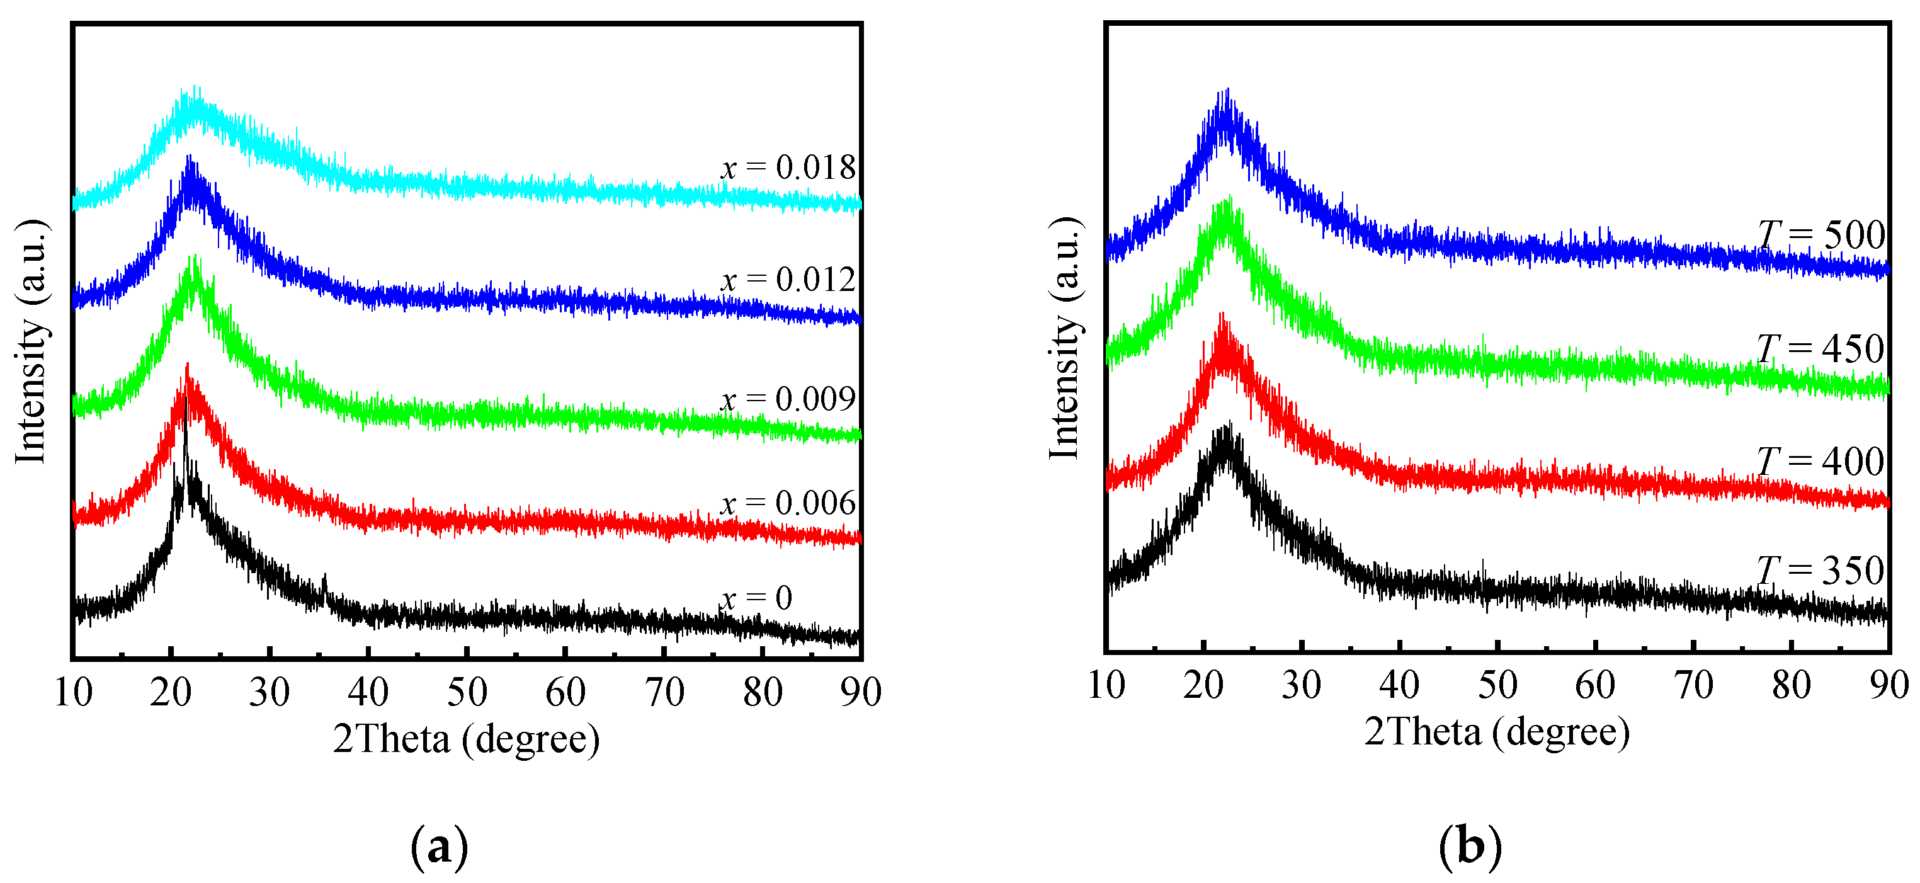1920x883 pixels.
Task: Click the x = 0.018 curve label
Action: point(788,168)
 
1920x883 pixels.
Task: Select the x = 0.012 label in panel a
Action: point(788,280)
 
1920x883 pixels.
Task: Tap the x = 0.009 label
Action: point(788,400)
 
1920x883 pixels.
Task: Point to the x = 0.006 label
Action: point(788,504)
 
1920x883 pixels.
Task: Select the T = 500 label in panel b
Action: point(1822,236)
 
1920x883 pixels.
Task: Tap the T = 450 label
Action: point(1822,349)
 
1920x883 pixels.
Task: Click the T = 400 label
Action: point(1822,462)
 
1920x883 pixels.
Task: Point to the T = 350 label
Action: point(1822,571)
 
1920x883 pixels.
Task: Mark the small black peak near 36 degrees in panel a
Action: point(324,578)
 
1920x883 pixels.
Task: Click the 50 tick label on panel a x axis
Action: point(467,693)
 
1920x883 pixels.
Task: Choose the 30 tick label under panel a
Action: point(269,693)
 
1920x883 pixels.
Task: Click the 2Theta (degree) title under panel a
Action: point(467,739)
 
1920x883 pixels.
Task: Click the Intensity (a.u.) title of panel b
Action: point(1064,339)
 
